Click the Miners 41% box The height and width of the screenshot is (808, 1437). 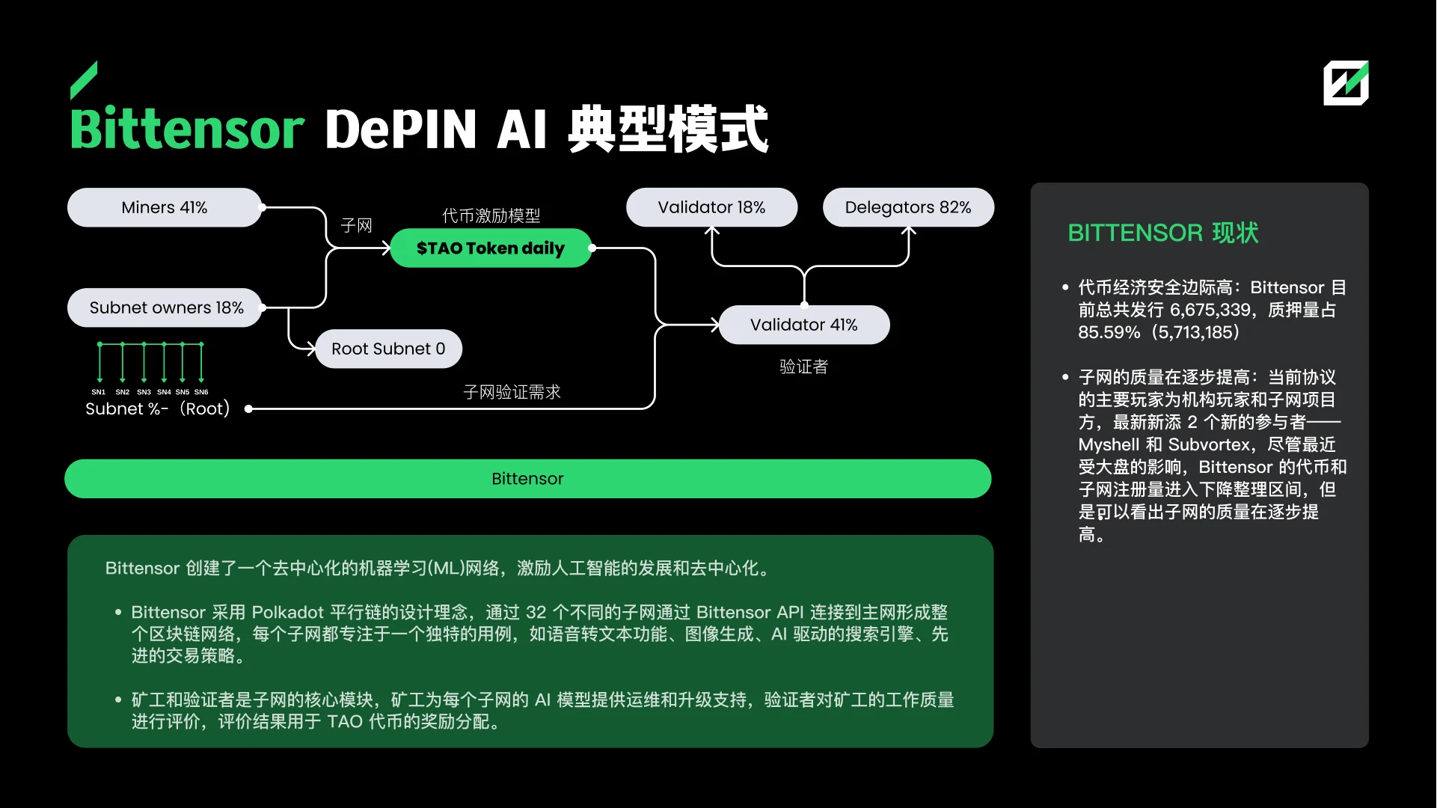point(165,207)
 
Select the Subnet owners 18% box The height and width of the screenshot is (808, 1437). point(165,307)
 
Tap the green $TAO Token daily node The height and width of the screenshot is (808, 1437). point(490,248)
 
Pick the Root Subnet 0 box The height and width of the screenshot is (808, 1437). point(388,349)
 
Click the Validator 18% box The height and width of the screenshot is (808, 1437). point(711,207)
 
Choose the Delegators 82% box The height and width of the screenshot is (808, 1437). point(907,207)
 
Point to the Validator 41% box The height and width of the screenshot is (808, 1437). point(803,325)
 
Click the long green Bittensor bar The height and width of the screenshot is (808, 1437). point(527,479)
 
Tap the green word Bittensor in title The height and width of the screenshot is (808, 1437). point(187,129)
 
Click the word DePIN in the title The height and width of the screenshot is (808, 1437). point(400,129)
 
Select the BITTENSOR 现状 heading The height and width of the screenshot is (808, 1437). point(1162,233)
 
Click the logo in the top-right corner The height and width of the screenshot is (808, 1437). point(1345,82)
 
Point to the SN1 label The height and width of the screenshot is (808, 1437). point(99,392)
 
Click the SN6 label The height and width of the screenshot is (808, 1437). point(201,392)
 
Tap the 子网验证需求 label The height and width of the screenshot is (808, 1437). point(512,392)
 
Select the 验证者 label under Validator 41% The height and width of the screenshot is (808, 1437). point(803,367)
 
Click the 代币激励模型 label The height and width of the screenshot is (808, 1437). point(491,216)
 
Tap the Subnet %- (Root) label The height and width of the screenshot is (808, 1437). point(157,408)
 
